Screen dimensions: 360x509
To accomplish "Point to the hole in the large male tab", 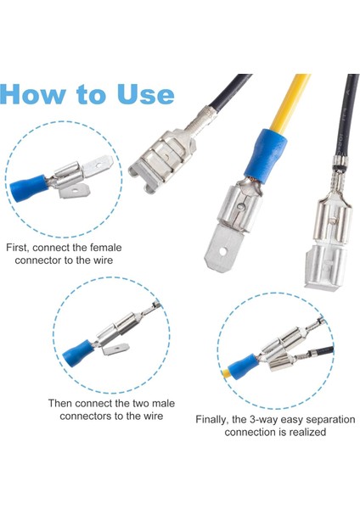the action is point(223,251).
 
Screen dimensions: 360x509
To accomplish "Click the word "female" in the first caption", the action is point(105,248).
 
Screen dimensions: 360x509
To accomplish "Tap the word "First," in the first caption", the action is point(18,248).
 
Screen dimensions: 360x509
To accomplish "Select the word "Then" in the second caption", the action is point(60,404).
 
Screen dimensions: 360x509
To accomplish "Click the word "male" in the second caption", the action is point(163,404).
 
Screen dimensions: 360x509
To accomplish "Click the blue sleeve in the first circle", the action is point(29,187).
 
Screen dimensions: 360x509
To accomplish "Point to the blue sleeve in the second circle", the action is point(77,351).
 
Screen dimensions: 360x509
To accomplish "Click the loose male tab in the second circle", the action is point(116,350).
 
